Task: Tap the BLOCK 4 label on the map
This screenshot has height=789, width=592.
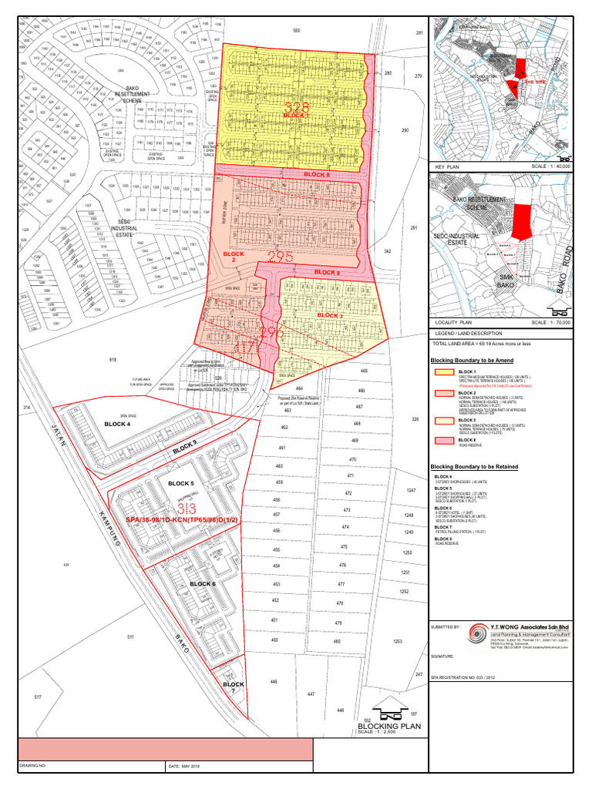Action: tap(123, 425)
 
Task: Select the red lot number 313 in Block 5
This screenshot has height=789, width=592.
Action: tap(185, 509)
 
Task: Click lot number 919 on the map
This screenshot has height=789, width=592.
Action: tap(113, 361)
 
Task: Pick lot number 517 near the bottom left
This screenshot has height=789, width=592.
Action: tap(38, 697)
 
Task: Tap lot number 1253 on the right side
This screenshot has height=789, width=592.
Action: tap(398, 641)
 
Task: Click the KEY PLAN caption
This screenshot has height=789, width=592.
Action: tap(447, 166)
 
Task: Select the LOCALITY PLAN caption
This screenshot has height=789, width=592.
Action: tap(453, 323)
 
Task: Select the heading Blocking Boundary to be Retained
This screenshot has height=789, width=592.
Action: tap(474, 467)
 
